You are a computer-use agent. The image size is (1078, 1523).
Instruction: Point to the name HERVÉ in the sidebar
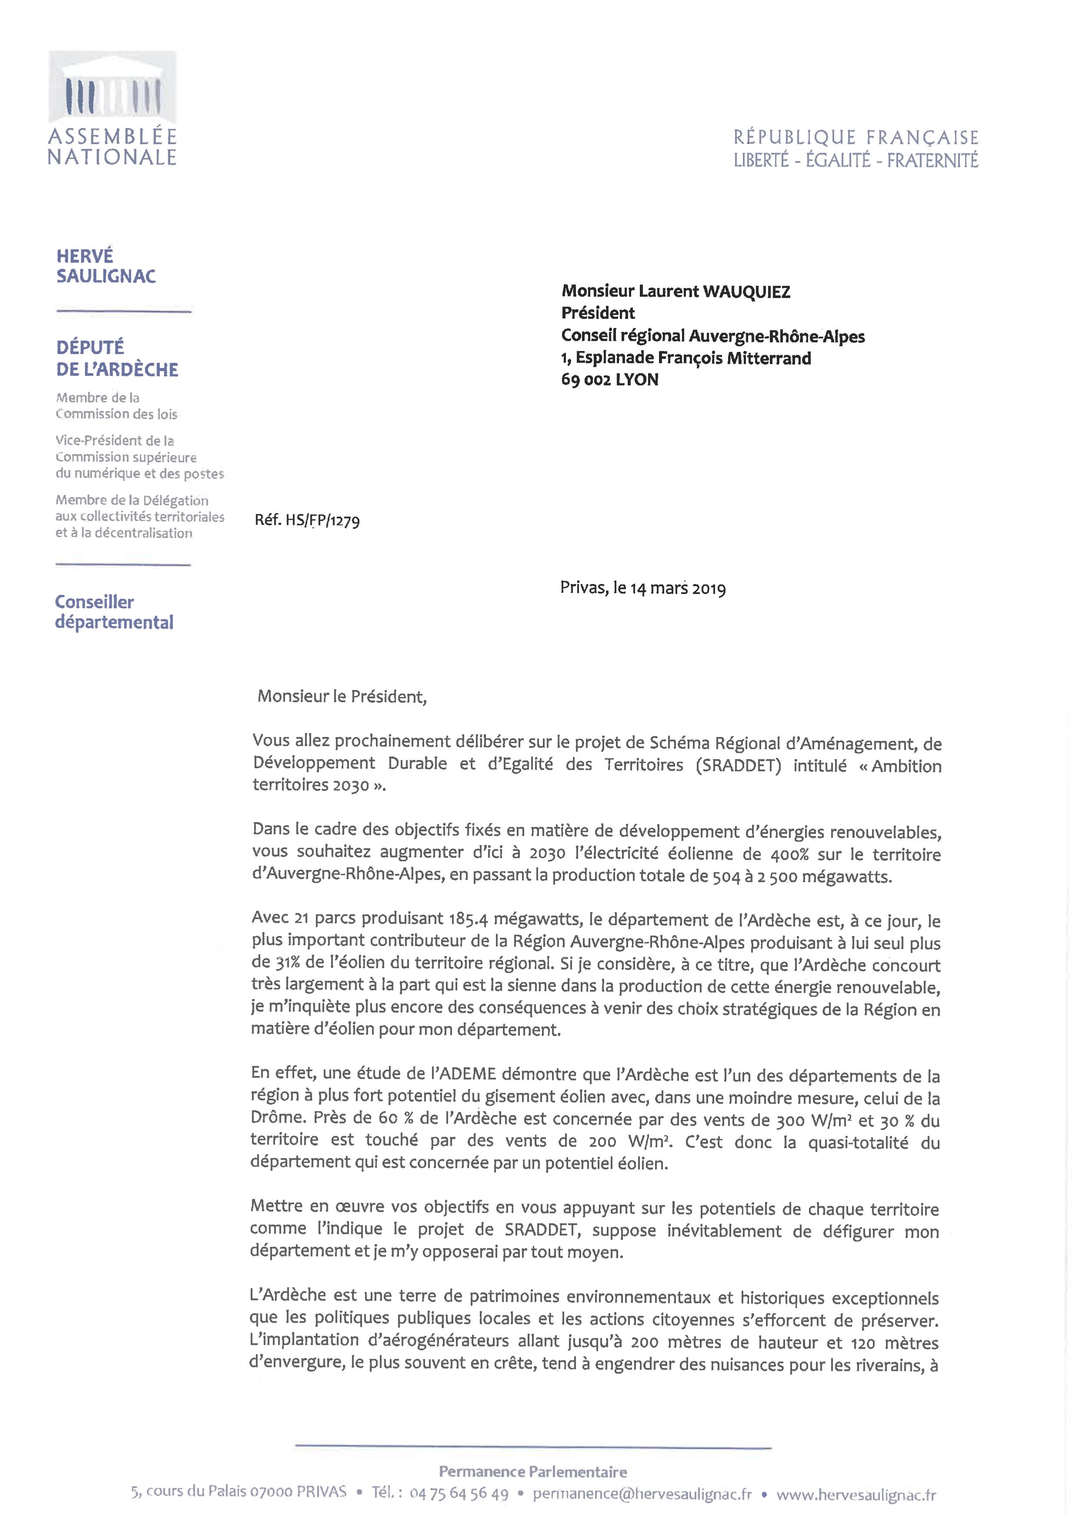85,256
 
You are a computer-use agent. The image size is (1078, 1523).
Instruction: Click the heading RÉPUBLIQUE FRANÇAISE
855,137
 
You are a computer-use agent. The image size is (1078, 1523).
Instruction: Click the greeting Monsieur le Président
342,696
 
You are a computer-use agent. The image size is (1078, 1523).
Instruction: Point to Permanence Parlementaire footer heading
533,1471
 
